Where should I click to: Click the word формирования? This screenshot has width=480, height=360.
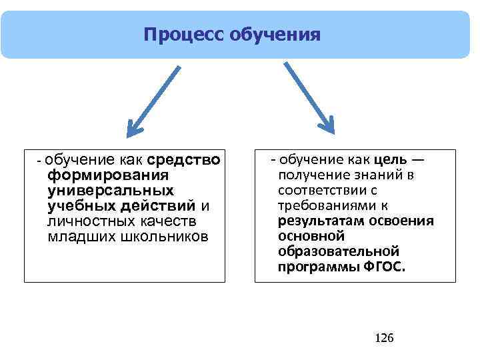coord(107,175)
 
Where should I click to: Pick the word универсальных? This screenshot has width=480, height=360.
coord(111,191)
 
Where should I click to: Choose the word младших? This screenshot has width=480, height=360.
coord(77,236)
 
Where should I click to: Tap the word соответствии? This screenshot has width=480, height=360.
coord(319,190)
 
